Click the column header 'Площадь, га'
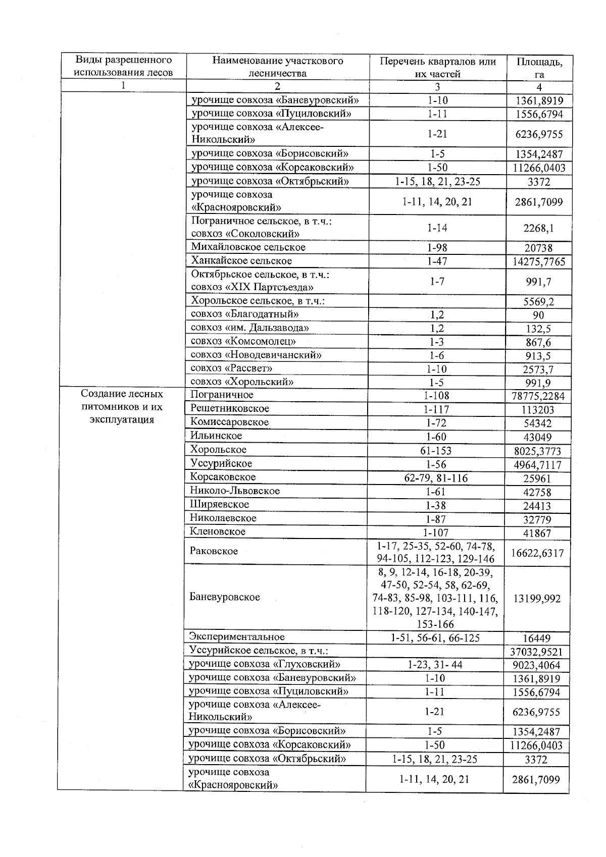click(539, 68)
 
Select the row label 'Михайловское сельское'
click(248, 247)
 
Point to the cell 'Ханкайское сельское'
click(241, 261)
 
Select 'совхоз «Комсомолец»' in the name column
click(243, 342)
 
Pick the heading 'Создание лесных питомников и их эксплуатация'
click(122, 407)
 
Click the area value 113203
click(538, 410)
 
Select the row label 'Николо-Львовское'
click(235, 491)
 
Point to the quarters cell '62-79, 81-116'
click(436, 478)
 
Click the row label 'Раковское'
click(214, 551)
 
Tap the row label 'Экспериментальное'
click(237, 637)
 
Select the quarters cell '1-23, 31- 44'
click(435, 665)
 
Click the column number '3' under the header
click(437, 86)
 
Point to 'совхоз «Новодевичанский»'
click(256, 355)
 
